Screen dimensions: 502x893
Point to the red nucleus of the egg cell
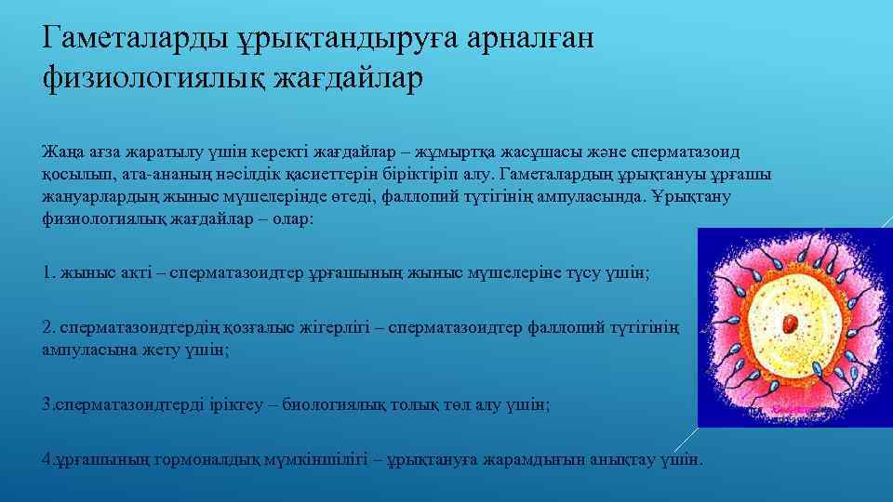coord(792,323)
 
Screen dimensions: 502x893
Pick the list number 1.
coord(48,273)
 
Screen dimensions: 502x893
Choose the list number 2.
coord(48,327)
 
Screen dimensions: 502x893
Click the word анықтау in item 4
coord(605,459)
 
